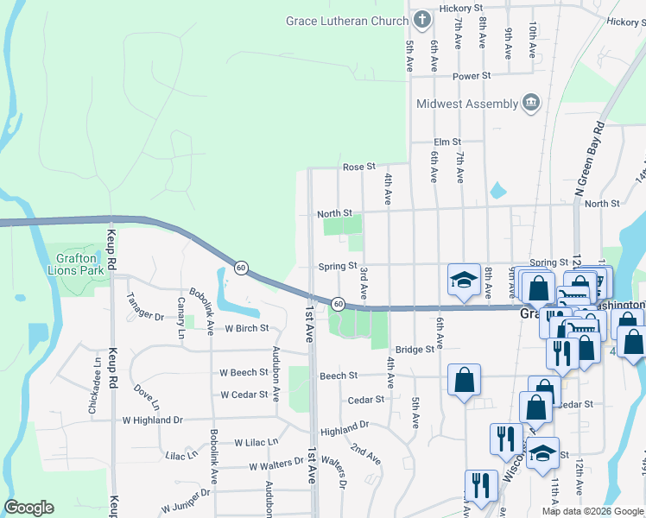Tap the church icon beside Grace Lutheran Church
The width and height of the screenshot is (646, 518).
coord(421,18)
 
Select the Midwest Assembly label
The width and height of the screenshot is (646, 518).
coord(466,104)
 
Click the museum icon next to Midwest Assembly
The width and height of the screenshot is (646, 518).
coord(531,104)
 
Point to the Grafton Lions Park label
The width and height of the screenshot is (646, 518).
coord(79,263)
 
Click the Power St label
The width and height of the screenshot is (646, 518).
coord(472,76)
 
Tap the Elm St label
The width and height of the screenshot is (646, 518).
coord(447,142)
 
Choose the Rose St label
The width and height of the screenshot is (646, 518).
coord(359,167)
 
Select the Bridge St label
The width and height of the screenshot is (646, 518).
coord(415,350)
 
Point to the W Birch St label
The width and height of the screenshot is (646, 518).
coord(247,328)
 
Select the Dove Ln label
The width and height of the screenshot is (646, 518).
coord(147,397)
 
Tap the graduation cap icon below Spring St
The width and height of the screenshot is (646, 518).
coord(464,280)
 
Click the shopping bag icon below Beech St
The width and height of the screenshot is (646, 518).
coord(465,380)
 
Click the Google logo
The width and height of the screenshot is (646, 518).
coord(29,508)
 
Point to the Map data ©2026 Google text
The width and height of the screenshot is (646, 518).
coord(592,511)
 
